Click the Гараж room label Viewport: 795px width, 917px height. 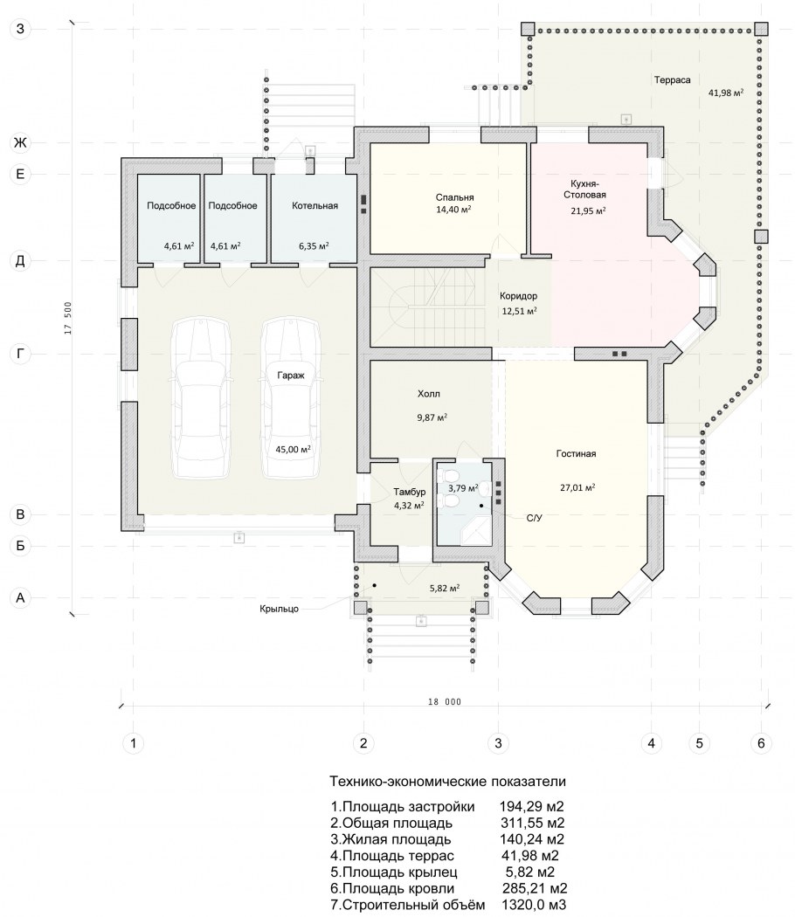[x=291, y=376]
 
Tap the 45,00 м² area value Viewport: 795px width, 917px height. [x=293, y=449]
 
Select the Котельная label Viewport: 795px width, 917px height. [x=315, y=205]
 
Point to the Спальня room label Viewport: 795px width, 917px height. [x=454, y=197]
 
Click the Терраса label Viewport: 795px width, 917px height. [x=672, y=80]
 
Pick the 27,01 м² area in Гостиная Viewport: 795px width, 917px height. [x=577, y=487]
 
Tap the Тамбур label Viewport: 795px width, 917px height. [x=410, y=492]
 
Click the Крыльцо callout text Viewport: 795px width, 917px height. [x=279, y=609]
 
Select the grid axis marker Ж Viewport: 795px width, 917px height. [x=20, y=142]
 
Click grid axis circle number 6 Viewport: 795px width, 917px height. [x=760, y=743]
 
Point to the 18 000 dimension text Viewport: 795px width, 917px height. [x=445, y=702]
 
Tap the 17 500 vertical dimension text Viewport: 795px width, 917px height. [x=68, y=318]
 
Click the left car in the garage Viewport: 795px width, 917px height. [x=201, y=397]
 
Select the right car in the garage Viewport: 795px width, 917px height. [x=290, y=397]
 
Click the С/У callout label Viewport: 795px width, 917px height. [x=534, y=518]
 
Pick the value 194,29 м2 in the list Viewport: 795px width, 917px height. [x=531, y=807]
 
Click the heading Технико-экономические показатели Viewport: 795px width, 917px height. [x=447, y=782]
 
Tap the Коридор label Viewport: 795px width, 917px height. [x=518, y=296]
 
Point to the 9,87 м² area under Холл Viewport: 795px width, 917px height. [x=432, y=417]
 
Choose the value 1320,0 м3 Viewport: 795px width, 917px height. [x=534, y=905]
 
